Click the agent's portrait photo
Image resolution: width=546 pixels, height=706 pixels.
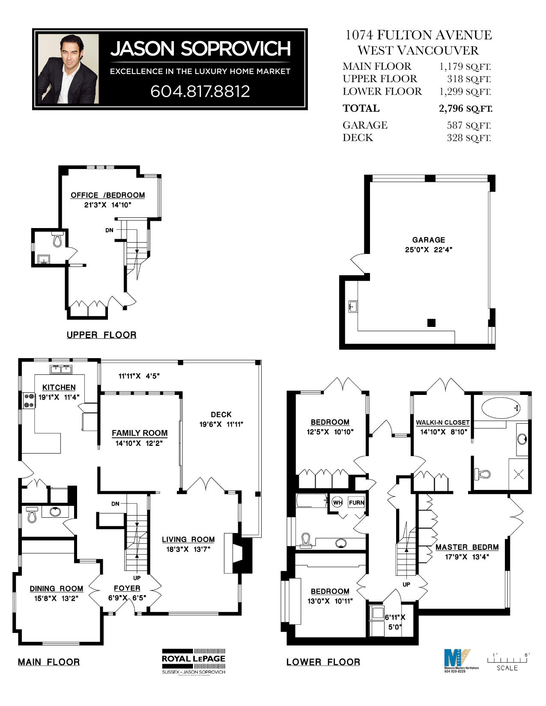68,69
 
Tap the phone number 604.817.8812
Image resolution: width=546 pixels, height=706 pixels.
200,91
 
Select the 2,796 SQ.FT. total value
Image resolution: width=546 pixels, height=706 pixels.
465,109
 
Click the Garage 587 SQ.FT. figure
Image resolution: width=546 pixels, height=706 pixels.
468,125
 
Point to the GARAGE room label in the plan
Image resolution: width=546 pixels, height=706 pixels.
429,240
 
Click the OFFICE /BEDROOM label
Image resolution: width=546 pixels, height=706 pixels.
107,195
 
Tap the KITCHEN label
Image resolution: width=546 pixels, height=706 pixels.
59,387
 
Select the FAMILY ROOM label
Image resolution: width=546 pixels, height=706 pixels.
140,433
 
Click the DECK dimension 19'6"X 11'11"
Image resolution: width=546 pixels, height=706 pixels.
221,424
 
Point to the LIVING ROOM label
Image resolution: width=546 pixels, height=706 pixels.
188,540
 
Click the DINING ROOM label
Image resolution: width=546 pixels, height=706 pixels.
57,589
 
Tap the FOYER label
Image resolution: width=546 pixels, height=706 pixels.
127,588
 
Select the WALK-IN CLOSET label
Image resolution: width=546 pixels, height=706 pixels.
443,422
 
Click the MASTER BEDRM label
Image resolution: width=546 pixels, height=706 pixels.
467,547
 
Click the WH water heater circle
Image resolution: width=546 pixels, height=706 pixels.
337,502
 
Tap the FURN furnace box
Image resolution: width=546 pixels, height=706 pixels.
356,503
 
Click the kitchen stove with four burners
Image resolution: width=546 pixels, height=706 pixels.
29,400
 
